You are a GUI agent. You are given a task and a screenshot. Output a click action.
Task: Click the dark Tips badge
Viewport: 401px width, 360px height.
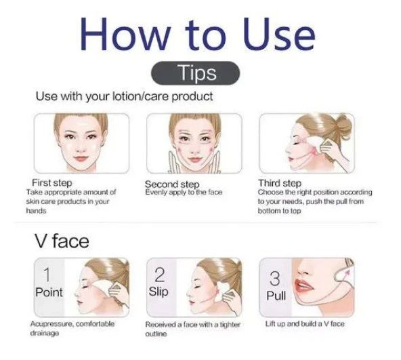click(196, 73)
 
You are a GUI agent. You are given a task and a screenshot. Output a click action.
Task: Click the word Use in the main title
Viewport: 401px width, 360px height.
click(279, 35)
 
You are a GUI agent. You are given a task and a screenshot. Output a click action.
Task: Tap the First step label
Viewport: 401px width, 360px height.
click(52, 183)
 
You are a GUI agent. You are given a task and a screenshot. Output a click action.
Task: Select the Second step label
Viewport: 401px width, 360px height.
click(172, 184)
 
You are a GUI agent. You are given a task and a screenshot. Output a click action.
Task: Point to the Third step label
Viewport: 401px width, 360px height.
click(280, 183)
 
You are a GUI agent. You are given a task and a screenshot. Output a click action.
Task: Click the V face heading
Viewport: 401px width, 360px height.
click(62, 241)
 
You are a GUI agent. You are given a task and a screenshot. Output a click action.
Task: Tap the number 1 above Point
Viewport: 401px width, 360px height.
click(47, 275)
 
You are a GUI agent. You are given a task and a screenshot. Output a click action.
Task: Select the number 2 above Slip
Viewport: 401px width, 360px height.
click(160, 275)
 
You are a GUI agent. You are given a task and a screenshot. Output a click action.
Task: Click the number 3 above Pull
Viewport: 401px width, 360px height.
click(274, 279)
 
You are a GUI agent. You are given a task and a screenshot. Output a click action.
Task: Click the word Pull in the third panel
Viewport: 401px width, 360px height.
click(276, 296)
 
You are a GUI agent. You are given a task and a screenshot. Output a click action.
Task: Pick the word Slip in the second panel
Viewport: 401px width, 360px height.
click(159, 292)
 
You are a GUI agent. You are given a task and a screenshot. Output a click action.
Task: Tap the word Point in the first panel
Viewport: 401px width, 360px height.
click(49, 292)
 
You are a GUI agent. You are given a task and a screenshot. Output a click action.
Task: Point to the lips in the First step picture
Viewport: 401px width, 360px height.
click(81, 159)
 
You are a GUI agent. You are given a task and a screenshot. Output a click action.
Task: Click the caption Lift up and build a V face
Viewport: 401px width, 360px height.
click(305, 324)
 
